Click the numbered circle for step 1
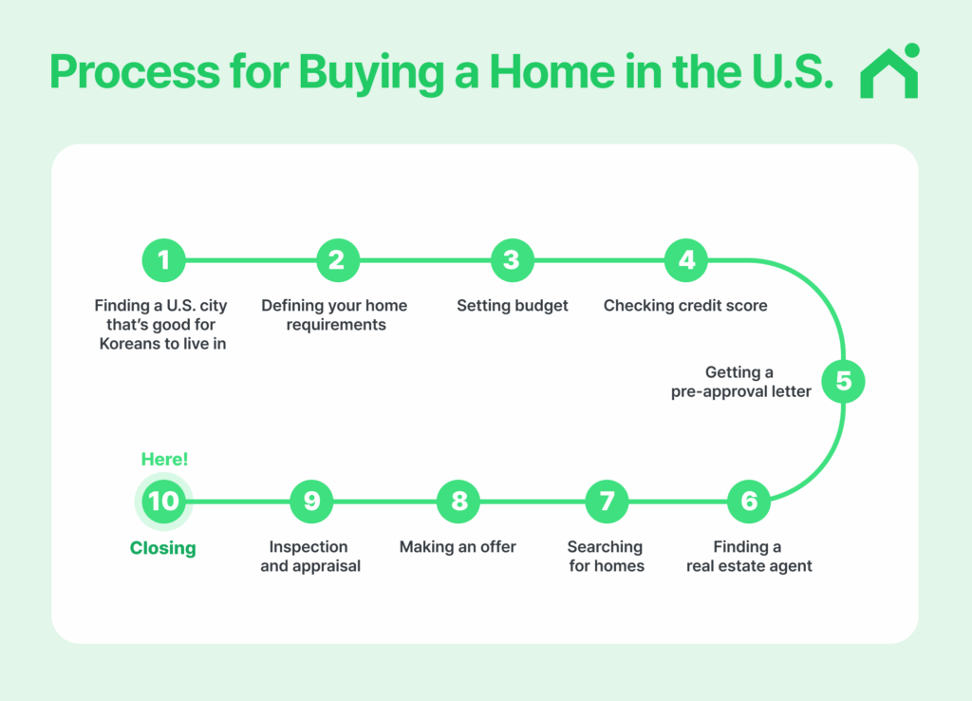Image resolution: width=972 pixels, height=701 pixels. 163,259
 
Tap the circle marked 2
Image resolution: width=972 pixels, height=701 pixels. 337,259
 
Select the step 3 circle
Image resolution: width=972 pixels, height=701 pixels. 512,259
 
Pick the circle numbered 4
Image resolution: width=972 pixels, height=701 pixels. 685,259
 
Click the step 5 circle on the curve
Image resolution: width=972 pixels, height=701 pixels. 843,381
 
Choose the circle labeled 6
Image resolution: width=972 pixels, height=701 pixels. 749,501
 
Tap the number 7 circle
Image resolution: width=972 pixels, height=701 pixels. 607,501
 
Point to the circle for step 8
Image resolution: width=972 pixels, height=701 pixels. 458,501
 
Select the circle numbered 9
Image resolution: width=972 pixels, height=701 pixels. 311,501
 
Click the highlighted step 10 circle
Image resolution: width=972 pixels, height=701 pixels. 163,501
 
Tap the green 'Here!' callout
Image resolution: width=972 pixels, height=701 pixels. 164,460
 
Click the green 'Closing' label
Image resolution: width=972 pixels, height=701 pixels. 163,548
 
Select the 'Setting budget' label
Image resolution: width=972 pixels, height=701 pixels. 513,306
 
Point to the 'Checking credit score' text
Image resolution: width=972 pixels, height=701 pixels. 685,306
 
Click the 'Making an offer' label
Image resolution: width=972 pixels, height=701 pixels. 458,547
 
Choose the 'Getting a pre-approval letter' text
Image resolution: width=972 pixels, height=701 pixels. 740,382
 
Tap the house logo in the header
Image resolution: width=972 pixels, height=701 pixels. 890,72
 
